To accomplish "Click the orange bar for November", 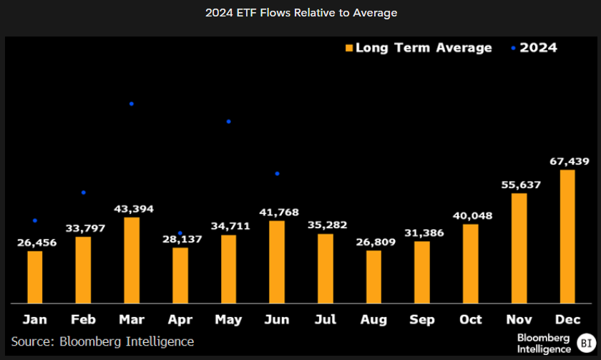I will pos(519,248).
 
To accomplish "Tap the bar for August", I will pos(374,276).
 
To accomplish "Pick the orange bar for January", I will pos(35,276).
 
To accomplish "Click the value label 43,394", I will pos(134,209).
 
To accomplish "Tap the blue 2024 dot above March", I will pos(132,104).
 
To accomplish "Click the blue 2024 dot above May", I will pos(228,122).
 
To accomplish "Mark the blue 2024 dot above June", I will pos(277,174).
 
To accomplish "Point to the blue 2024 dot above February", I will pos(84,193).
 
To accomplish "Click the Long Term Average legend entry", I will pos(419,48).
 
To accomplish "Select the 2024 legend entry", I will pos(533,48).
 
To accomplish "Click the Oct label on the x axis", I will pos(471,319).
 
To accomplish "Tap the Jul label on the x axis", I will pos(326,319).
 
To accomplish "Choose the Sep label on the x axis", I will pos(422,319).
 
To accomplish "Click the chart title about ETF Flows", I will pos(300,13).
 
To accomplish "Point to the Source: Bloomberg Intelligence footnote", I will pos(102,342).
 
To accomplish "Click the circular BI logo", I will pos(585,342).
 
